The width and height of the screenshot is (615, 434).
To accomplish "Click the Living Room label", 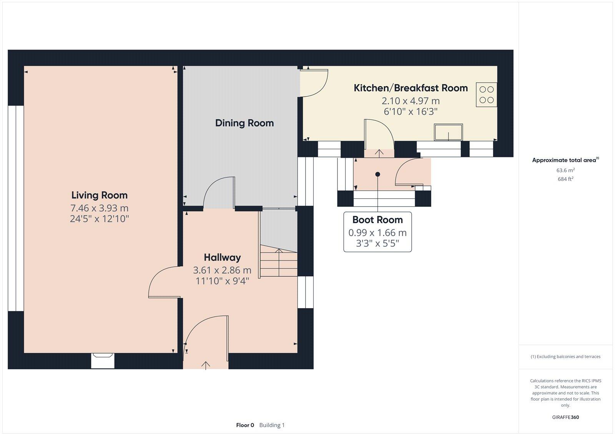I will (x=99, y=195).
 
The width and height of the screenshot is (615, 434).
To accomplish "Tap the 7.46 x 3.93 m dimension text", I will (x=99, y=208).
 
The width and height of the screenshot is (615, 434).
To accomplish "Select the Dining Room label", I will (x=244, y=123).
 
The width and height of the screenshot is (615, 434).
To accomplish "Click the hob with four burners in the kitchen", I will (x=486, y=95).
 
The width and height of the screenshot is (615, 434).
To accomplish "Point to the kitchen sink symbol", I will (x=448, y=132).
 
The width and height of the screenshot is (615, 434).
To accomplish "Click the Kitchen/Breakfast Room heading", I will (x=411, y=88).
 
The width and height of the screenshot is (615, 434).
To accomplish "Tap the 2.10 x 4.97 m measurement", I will (x=411, y=101).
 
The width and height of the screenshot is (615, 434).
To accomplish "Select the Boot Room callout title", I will (x=377, y=220).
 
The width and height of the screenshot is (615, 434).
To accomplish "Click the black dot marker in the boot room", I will (x=377, y=174).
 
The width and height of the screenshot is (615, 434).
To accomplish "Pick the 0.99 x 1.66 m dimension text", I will (x=377, y=232).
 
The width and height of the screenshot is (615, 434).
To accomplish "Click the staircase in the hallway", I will (x=279, y=262).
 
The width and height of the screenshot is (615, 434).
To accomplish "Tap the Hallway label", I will (x=222, y=257).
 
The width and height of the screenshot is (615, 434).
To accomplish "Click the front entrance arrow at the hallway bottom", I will (x=206, y=365).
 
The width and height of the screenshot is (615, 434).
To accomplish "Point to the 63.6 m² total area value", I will (x=565, y=170).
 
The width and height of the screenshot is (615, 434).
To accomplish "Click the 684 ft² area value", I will (x=565, y=179).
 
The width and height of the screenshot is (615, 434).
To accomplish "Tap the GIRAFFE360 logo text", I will (x=565, y=417).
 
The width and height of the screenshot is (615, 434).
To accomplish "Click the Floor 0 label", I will (x=245, y=425).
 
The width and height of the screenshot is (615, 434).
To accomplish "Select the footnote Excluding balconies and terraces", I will (x=565, y=357).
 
